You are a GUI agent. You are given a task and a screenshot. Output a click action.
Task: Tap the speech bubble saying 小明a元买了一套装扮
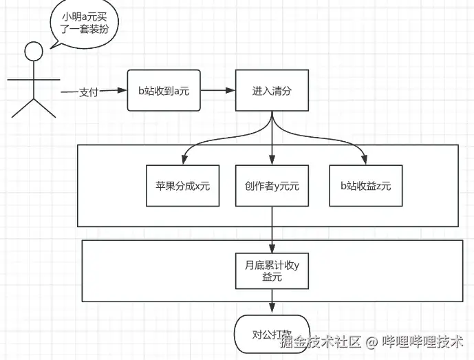point(82,25)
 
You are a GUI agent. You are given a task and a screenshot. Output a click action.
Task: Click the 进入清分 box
point(272,90)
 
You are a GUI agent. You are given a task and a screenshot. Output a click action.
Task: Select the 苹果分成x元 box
point(182,185)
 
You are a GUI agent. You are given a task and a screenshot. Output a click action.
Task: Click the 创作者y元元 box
point(272,185)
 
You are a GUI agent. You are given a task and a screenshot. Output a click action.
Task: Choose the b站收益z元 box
point(365,185)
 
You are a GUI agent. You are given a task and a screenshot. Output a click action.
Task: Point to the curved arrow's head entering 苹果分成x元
point(182,160)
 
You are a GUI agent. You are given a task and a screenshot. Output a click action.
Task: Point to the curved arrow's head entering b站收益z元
point(365,160)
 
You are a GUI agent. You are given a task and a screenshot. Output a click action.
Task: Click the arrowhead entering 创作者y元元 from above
point(272,160)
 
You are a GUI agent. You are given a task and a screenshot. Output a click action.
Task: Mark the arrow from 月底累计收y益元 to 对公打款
point(272,303)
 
